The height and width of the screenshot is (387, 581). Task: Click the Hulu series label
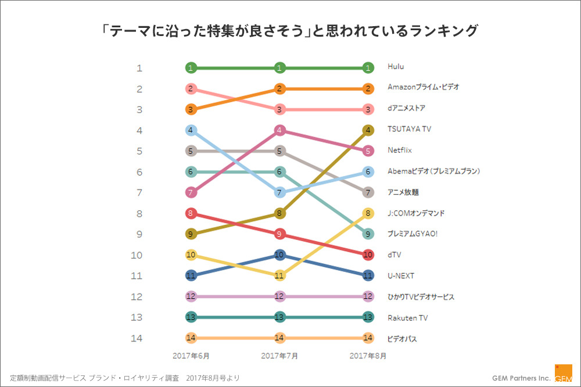pos(396,67)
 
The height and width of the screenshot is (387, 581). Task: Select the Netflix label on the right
pos(400,150)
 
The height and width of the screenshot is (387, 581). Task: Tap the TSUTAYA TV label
pos(409,130)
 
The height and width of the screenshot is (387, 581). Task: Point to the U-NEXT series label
pos(401,275)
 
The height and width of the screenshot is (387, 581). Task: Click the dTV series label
pos(394,255)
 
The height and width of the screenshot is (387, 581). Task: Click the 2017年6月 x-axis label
pos(191,354)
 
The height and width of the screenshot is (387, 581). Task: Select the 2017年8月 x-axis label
pos(368,354)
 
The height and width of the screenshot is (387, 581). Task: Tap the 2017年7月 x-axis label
pos(279,354)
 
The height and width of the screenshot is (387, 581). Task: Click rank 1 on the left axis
pos(139,68)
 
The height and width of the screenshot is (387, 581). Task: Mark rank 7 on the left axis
pos(139,192)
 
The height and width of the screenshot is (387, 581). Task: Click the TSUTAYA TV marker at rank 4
pos(368,130)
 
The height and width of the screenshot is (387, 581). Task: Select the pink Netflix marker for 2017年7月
pos(279,130)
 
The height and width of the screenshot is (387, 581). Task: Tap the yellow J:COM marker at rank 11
pos(279,275)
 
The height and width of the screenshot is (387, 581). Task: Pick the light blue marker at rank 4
pos(191,130)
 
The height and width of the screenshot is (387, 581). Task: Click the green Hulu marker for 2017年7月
pos(279,68)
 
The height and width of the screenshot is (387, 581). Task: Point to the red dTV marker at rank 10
pos(368,255)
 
